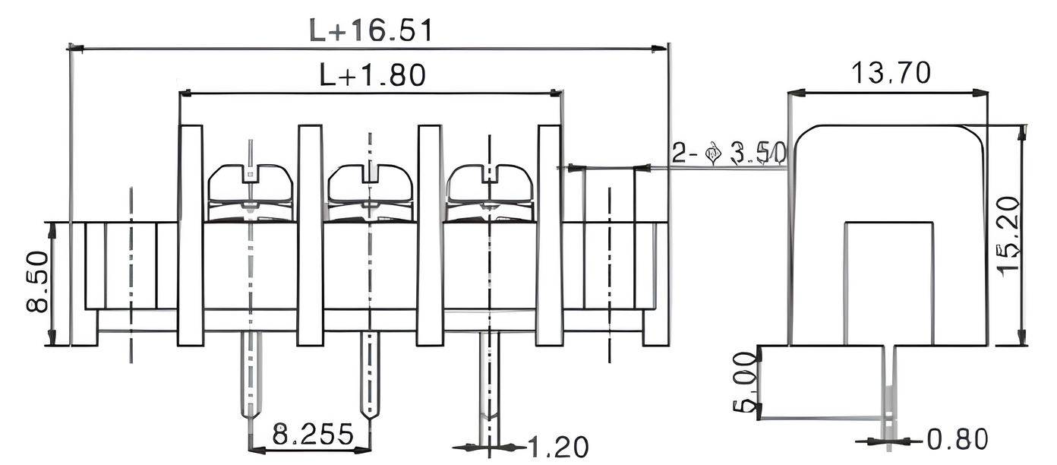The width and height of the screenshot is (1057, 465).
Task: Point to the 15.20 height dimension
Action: point(1008,236)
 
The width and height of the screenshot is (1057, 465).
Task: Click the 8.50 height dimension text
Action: point(38,283)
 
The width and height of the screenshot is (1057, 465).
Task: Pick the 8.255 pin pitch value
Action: point(313,435)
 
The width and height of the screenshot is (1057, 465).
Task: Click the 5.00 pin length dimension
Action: point(745,382)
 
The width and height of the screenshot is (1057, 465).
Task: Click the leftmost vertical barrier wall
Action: point(191,236)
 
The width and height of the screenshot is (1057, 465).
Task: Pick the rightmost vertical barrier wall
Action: point(550,236)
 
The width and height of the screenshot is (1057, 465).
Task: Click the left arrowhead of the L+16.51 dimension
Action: point(74,48)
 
